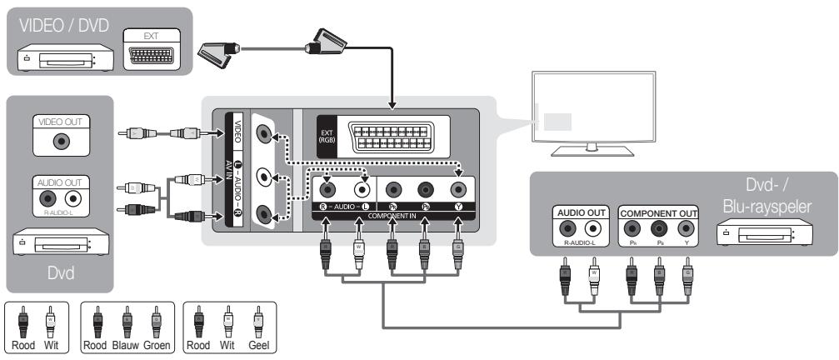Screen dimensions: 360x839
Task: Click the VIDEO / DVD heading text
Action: coord(58,26)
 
